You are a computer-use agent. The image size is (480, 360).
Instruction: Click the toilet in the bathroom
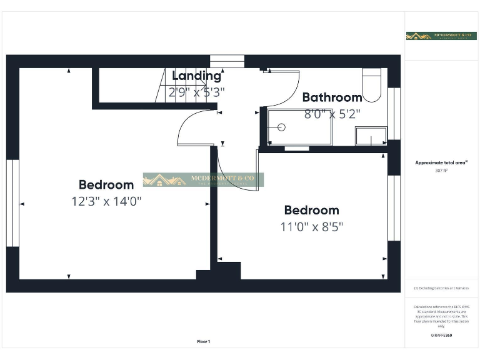(x=372, y=87)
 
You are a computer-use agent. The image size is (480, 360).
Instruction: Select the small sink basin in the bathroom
(x=371, y=136)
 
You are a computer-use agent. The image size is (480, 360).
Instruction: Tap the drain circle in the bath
(x=281, y=127)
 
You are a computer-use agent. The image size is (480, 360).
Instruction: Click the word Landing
(x=196, y=76)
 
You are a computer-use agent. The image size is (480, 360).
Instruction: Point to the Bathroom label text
(x=332, y=97)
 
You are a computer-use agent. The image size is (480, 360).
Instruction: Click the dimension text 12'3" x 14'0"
(x=106, y=201)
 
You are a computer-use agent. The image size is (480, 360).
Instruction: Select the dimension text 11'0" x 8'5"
(x=311, y=226)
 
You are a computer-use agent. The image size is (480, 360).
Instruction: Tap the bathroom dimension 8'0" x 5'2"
(x=332, y=114)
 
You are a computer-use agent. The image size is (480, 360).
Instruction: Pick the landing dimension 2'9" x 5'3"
(x=196, y=92)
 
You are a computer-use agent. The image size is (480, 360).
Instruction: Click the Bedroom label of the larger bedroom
(x=106, y=185)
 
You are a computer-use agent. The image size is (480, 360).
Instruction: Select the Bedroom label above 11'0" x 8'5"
(x=311, y=210)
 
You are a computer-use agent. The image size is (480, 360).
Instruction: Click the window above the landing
(x=227, y=61)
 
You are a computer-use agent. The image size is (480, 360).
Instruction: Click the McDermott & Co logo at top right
(x=441, y=36)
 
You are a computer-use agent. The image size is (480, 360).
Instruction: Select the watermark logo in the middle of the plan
(x=203, y=180)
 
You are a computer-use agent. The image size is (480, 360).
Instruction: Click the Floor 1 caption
(x=204, y=342)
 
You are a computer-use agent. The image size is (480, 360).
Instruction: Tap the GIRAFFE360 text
(x=441, y=336)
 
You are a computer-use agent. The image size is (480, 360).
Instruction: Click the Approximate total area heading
(x=441, y=162)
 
